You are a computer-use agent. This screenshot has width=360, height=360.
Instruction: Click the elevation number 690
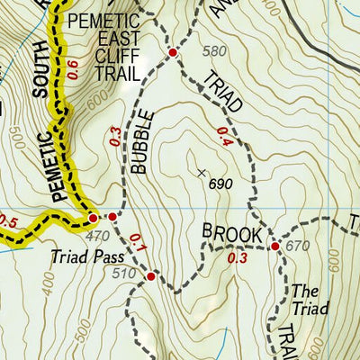pyautogui.click(x=220, y=184)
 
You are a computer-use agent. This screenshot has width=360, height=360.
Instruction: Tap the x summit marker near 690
pyautogui.click(x=201, y=172)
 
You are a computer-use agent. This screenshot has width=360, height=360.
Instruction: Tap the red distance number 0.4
pyautogui.click(x=223, y=137)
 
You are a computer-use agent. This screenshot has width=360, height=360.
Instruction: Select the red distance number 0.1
pyautogui.click(x=137, y=242)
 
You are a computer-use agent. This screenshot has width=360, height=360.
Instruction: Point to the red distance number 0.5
pyautogui.click(x=8, y=221)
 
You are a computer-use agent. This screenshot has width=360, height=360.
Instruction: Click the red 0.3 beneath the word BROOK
pyautogui.click(x=237, y=259)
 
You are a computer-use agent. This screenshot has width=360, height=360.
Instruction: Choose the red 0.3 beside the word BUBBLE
pyautogui.click(x=115, y=136)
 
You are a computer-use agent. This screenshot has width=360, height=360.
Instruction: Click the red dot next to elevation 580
pyautogui.click(x=172, y=53)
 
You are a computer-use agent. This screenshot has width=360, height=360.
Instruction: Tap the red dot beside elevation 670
pyautogui.click(x=274, y=246)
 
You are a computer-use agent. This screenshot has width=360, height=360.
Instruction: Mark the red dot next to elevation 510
pyautogui.click(x=150, y=277)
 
